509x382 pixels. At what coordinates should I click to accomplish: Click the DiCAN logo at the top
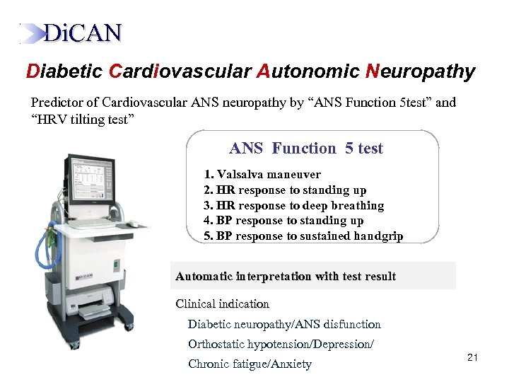71,33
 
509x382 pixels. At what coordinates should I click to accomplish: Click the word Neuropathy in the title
421,71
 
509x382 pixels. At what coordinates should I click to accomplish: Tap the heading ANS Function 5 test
306,149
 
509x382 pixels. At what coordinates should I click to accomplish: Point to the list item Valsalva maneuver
262,174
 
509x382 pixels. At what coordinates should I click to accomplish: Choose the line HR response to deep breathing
293,205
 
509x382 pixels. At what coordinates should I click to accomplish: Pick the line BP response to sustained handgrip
303,236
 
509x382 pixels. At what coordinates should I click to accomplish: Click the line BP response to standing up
283,221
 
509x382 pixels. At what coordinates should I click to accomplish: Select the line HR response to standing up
285,190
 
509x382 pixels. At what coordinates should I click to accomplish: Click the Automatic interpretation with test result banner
286,276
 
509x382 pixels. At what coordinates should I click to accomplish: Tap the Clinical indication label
223,304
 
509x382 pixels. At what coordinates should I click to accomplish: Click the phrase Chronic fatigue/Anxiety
250,364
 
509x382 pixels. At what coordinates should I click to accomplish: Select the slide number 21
473,359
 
